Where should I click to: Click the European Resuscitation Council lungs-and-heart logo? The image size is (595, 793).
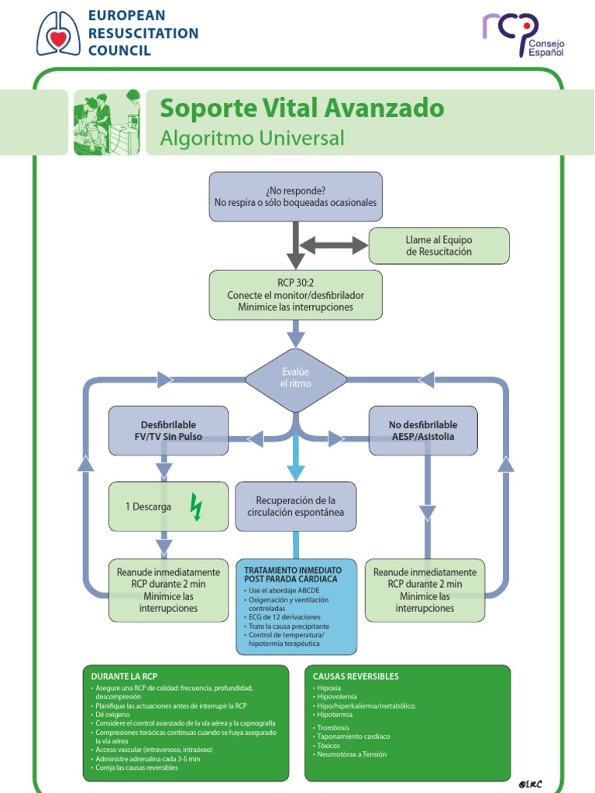[58, 33]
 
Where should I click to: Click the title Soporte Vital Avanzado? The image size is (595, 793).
[301, 108]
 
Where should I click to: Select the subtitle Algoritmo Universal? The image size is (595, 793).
[251, 139]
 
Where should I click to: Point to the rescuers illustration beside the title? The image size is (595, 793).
[107, 122]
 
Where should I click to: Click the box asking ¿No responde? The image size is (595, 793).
[295, 197]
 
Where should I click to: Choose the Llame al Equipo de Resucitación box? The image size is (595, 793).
[439, 245]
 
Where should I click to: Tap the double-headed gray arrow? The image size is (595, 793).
[333, 245]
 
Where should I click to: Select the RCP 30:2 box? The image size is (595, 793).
[295, 295]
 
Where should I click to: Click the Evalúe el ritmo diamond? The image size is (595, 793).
[295, 379]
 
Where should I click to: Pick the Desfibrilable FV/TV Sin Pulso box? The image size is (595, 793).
[168, 431]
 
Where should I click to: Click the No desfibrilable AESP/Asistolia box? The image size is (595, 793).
[422, 431]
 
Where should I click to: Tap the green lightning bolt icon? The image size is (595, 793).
[196, 508]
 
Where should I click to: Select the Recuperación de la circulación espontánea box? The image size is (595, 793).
[295, 506]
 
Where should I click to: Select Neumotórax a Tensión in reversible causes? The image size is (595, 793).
[351, 754]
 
